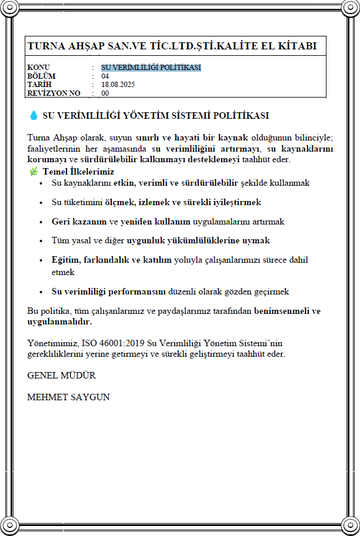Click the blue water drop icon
[x=33, y=115]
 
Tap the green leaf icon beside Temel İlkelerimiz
[x=34, y=171]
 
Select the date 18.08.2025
[x=118, y=85]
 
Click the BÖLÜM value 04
[x=105, y=76]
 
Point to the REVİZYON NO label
[x=54, y=93]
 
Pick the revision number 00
[x=105, y=93]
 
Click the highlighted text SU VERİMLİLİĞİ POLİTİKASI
[x=151, y=68]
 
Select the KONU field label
[x=39, y=68]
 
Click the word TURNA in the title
[x=45, y=46]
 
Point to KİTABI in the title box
[x=298, y=46]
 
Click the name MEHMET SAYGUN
[x=68, y=397]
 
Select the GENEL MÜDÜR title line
[x=61, y=375]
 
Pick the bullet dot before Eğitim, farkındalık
[x=41, y=260]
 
